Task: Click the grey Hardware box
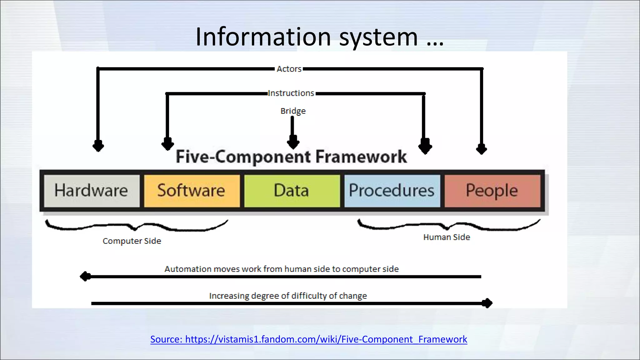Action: (92, 191)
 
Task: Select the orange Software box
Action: (192, 191)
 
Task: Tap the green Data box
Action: (292, 191)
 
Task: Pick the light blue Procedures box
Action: (392, 191)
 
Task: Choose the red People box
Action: (492, 191)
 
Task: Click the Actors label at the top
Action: (289, 69)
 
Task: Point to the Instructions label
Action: (291, 93)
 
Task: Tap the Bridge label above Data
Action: (293, 111)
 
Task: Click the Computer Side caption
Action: (132, 241)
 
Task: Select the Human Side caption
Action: (447, 237)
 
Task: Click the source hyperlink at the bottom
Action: (308, 339)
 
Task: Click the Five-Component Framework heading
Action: (291, 157)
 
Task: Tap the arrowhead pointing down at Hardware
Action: (98, 146)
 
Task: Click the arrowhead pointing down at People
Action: (481, 149)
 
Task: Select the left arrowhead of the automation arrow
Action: (85, 277)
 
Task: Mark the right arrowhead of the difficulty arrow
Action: (487, 303)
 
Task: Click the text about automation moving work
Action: (282, 269)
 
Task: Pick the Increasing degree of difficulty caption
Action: (288, 296)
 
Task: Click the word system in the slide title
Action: (378, 37)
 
